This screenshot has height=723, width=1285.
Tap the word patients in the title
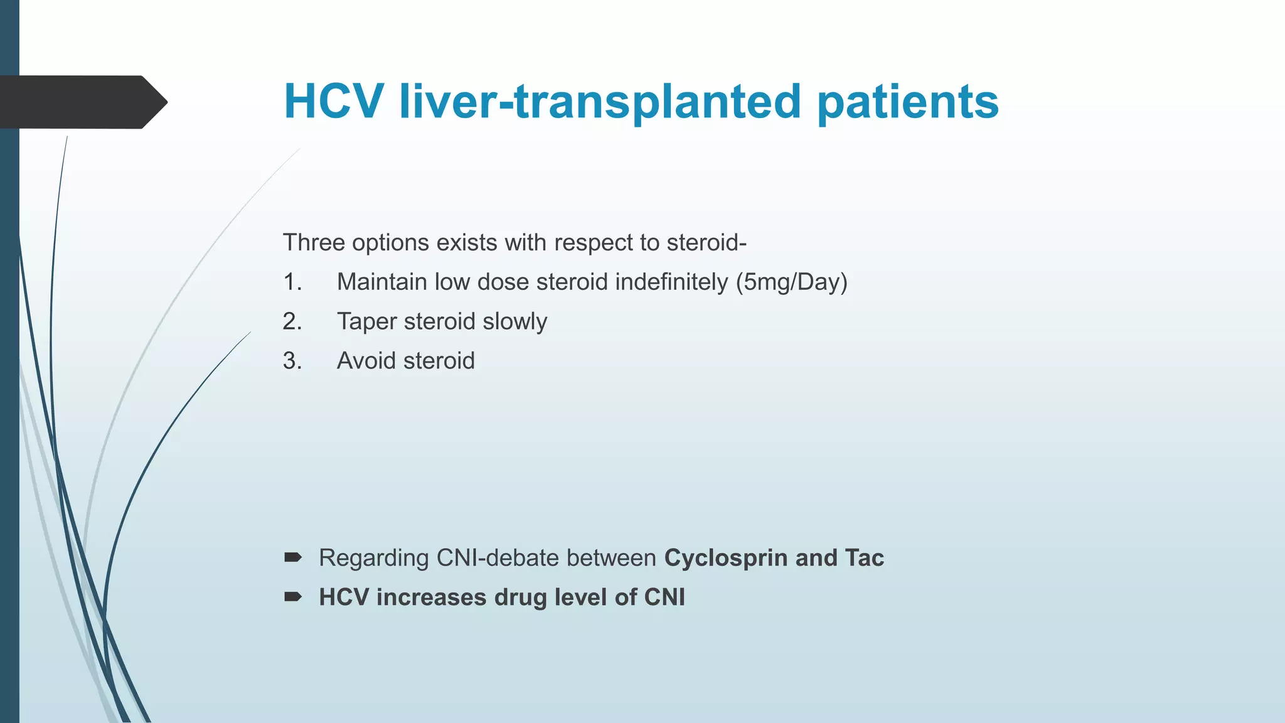908,101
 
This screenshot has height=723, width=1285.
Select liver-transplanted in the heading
600,101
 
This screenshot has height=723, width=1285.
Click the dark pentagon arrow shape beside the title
82,102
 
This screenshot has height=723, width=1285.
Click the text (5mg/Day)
792,282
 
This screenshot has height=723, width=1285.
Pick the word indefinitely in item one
671,282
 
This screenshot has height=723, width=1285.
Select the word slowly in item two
515,321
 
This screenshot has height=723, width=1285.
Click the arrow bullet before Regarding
293,557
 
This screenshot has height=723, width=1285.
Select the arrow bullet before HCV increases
293,596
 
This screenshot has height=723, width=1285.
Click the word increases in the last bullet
431,597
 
